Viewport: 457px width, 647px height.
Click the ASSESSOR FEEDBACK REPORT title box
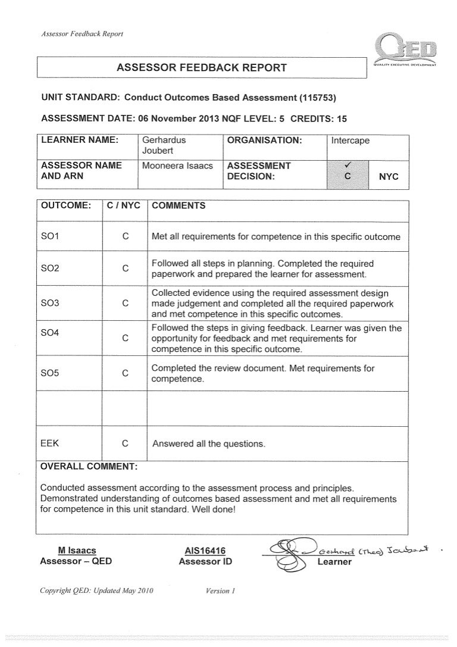tap(201, 67)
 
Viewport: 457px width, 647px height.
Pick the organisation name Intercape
tap(350, 141)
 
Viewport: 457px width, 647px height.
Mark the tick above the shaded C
tap(347, 166)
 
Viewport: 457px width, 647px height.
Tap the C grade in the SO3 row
tap(125, 303)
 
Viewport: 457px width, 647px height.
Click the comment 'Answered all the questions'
tap(209, 444)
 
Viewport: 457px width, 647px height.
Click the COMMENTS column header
tap(179, 205)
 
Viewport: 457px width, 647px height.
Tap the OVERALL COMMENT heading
tap(89, 465)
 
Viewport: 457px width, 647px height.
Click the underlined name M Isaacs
tap(76, 551)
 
